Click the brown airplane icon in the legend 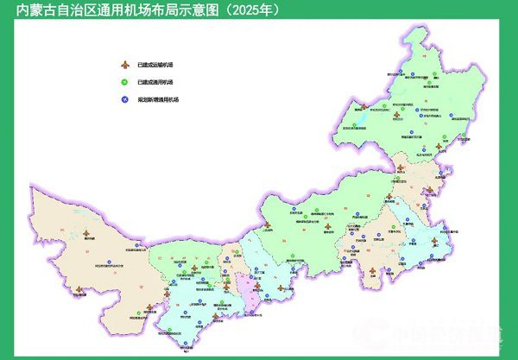coord(126,65)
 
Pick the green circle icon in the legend coord(126,82)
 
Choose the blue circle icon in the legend coord(126,99)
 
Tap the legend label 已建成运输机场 coord(155,65)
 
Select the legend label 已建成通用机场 coord(155,82)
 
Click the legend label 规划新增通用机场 coord(156,99)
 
